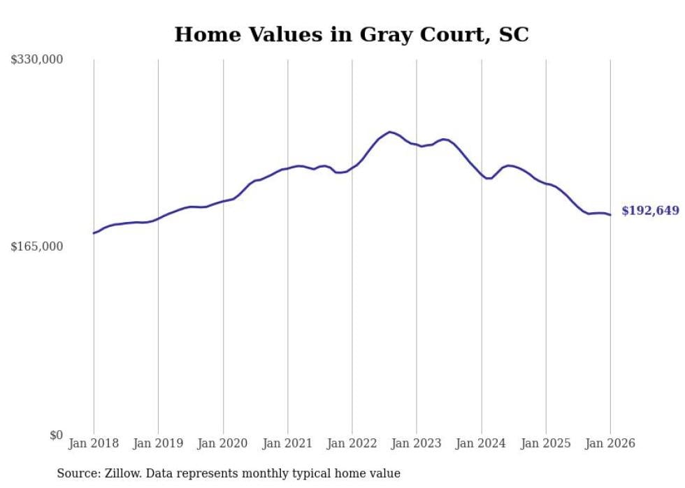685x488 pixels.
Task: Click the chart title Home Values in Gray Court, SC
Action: point(352,34)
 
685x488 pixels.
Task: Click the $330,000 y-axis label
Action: point(37,60)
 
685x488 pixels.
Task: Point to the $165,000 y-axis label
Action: point(37,246)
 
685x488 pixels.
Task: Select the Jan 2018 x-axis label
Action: point(94,443)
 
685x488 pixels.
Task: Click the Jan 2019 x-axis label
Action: point(158,443)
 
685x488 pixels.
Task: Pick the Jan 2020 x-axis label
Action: point(223,443)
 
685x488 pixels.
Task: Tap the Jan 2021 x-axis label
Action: point(287,443)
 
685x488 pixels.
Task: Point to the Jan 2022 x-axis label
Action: point(352,443)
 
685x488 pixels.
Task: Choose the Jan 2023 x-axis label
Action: point(417,443)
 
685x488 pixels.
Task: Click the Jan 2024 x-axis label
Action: point(481,443)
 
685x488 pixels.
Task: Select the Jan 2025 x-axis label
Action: point(546,443)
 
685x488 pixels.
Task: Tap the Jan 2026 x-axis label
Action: point(610,443)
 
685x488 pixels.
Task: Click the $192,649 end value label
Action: point(650,211)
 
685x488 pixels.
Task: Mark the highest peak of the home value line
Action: point(390,131)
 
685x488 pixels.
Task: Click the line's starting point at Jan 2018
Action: point(94,233)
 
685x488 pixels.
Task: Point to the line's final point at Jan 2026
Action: point(610,215)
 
